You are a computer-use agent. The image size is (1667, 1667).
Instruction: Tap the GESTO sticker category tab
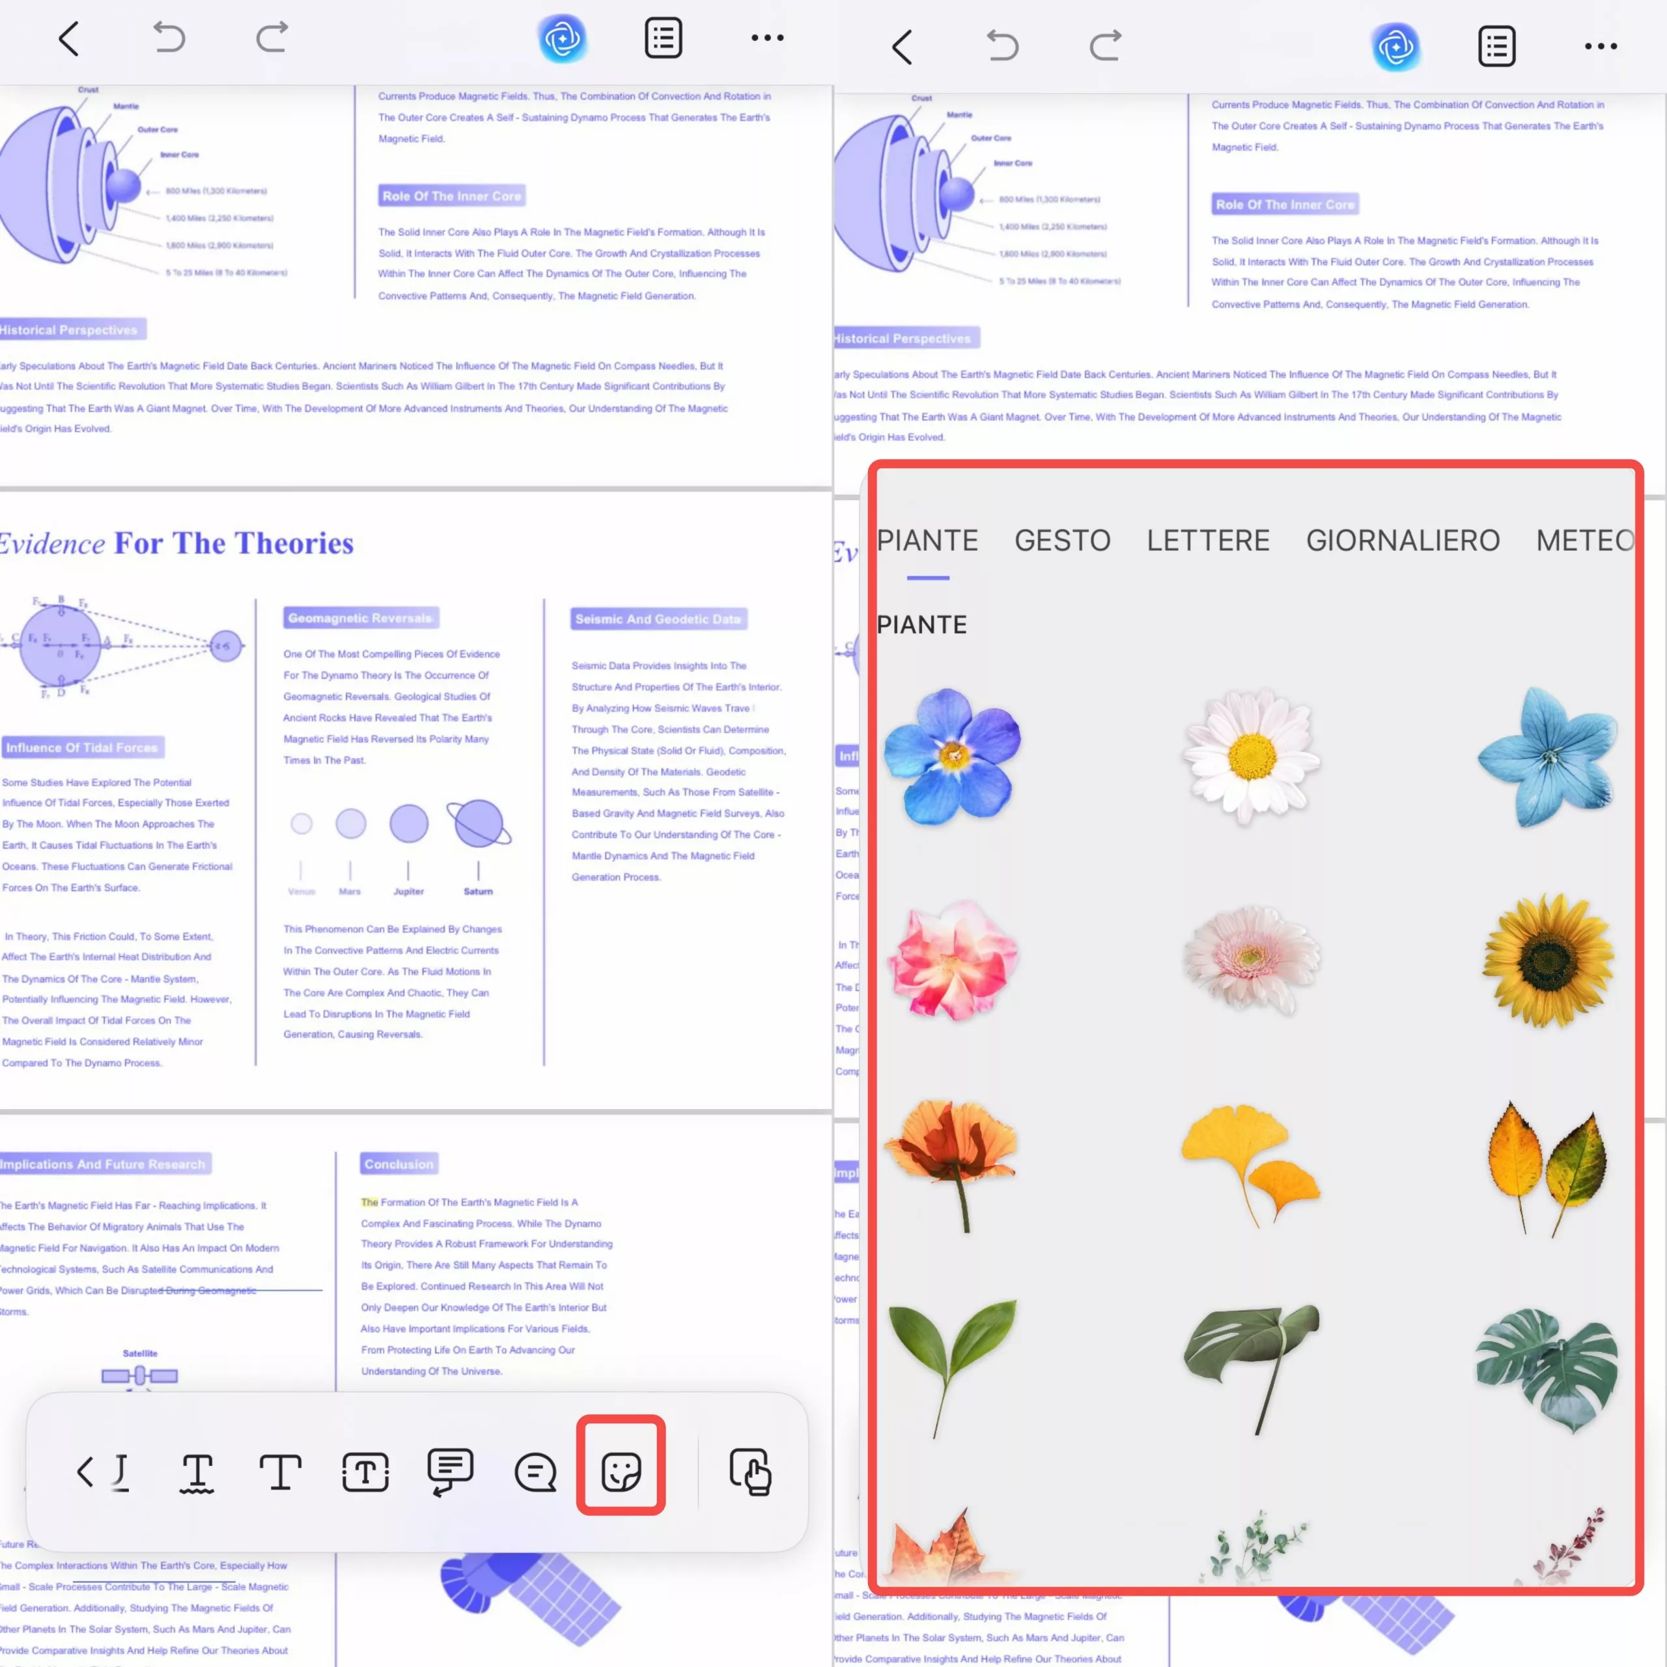(1062, 541)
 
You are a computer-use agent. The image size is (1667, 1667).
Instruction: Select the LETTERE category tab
(1208, 541)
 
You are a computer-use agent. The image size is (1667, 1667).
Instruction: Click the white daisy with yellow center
(1251, 756)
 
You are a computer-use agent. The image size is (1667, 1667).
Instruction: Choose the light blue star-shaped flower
(1547, 756)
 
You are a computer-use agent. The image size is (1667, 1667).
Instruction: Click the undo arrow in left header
(169, 38)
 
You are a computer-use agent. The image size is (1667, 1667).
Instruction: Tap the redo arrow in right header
(1105, 46)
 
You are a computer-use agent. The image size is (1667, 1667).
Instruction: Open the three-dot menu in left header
(767, 38)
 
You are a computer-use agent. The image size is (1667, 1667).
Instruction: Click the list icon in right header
(1497, 46)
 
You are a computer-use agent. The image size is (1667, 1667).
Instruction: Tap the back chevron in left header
(69, 38)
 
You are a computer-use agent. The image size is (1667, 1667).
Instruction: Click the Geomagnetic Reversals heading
(361, 618)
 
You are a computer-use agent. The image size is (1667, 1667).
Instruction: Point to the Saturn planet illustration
(478, 823)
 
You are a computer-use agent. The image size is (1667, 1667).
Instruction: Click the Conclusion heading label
(399, 1164)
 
